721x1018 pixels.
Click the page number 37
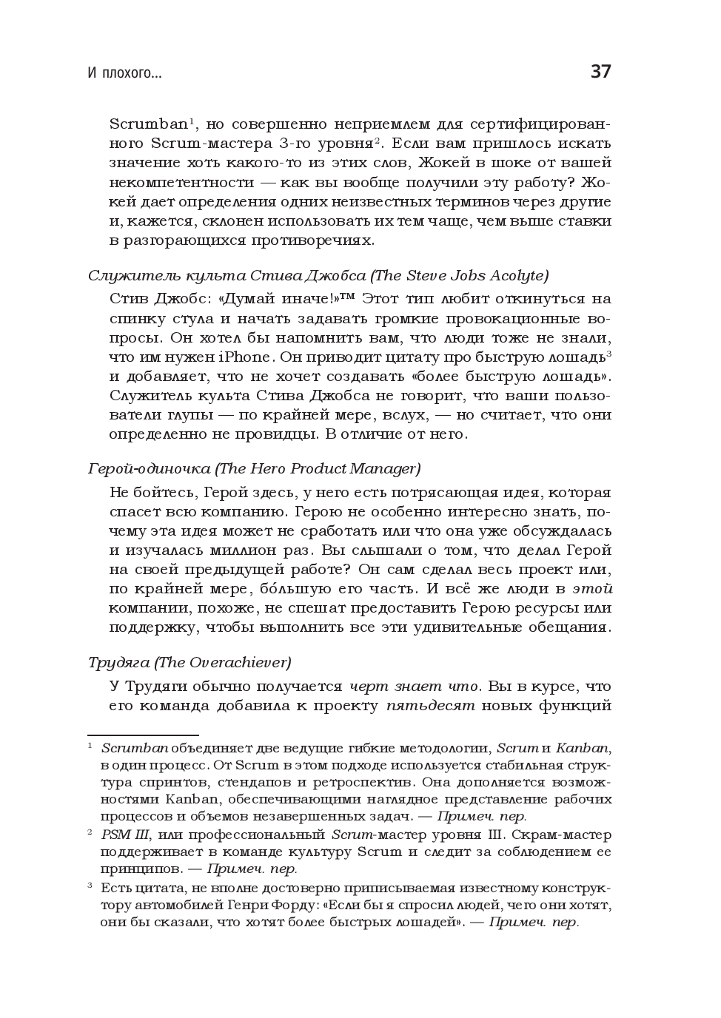[600, 72]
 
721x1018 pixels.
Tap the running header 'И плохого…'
[124, 73]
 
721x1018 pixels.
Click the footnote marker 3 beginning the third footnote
[90, 886]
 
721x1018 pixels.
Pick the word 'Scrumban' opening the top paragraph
[148, 124]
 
